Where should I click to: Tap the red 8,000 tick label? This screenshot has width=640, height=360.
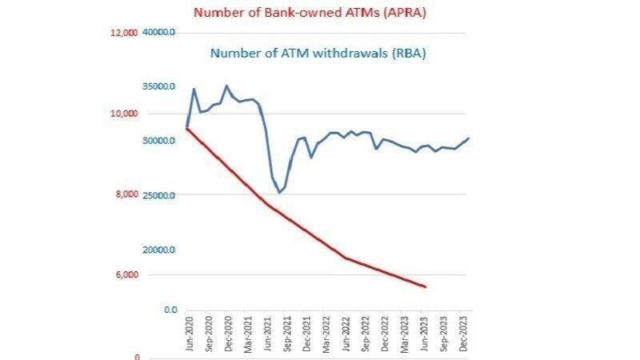(x=126, y=194)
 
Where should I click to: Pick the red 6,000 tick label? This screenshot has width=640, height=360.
(x=126, y=275)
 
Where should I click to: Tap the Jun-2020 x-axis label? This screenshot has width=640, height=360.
(x=190, y=334)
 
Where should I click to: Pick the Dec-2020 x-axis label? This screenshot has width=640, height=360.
(x=229, y=334)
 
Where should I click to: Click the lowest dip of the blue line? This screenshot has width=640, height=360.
(x=279, y=193)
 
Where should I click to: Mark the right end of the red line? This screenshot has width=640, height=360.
(x=425, y=286)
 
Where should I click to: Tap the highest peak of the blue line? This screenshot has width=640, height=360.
(x=226, y=86)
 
